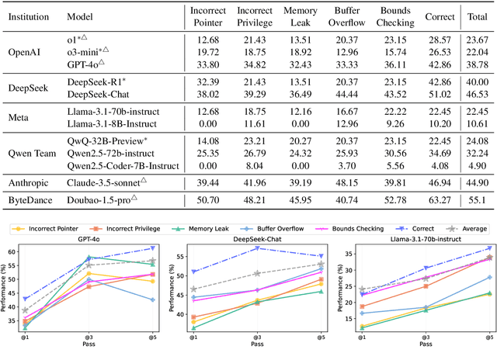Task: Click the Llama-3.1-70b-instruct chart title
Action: [x=426, y=241]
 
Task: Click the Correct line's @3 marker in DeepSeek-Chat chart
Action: [x=257, y=248]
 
